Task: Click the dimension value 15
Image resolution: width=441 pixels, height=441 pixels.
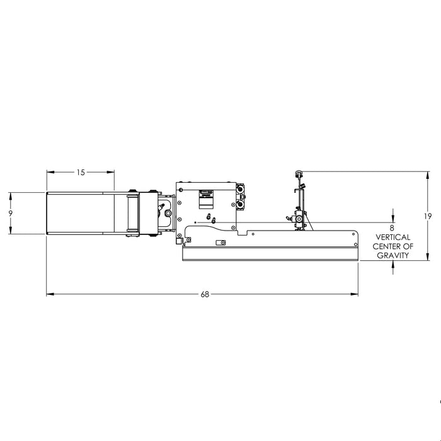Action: click(81, 173)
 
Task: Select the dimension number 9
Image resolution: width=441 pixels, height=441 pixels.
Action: click(11, 213)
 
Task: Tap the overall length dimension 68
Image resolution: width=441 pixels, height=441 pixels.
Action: click(205, 294)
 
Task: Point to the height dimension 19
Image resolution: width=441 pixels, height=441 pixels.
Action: click(428, 216)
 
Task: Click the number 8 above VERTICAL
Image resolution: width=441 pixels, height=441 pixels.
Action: click(392, 228)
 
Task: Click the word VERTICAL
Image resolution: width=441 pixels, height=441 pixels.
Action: click(393, 238)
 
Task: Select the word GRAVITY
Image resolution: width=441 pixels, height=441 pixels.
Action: click(393, 255)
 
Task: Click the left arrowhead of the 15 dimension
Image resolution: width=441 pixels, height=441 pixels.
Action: click(50, 172)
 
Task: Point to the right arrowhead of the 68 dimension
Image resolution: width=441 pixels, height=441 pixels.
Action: click(354, 294)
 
